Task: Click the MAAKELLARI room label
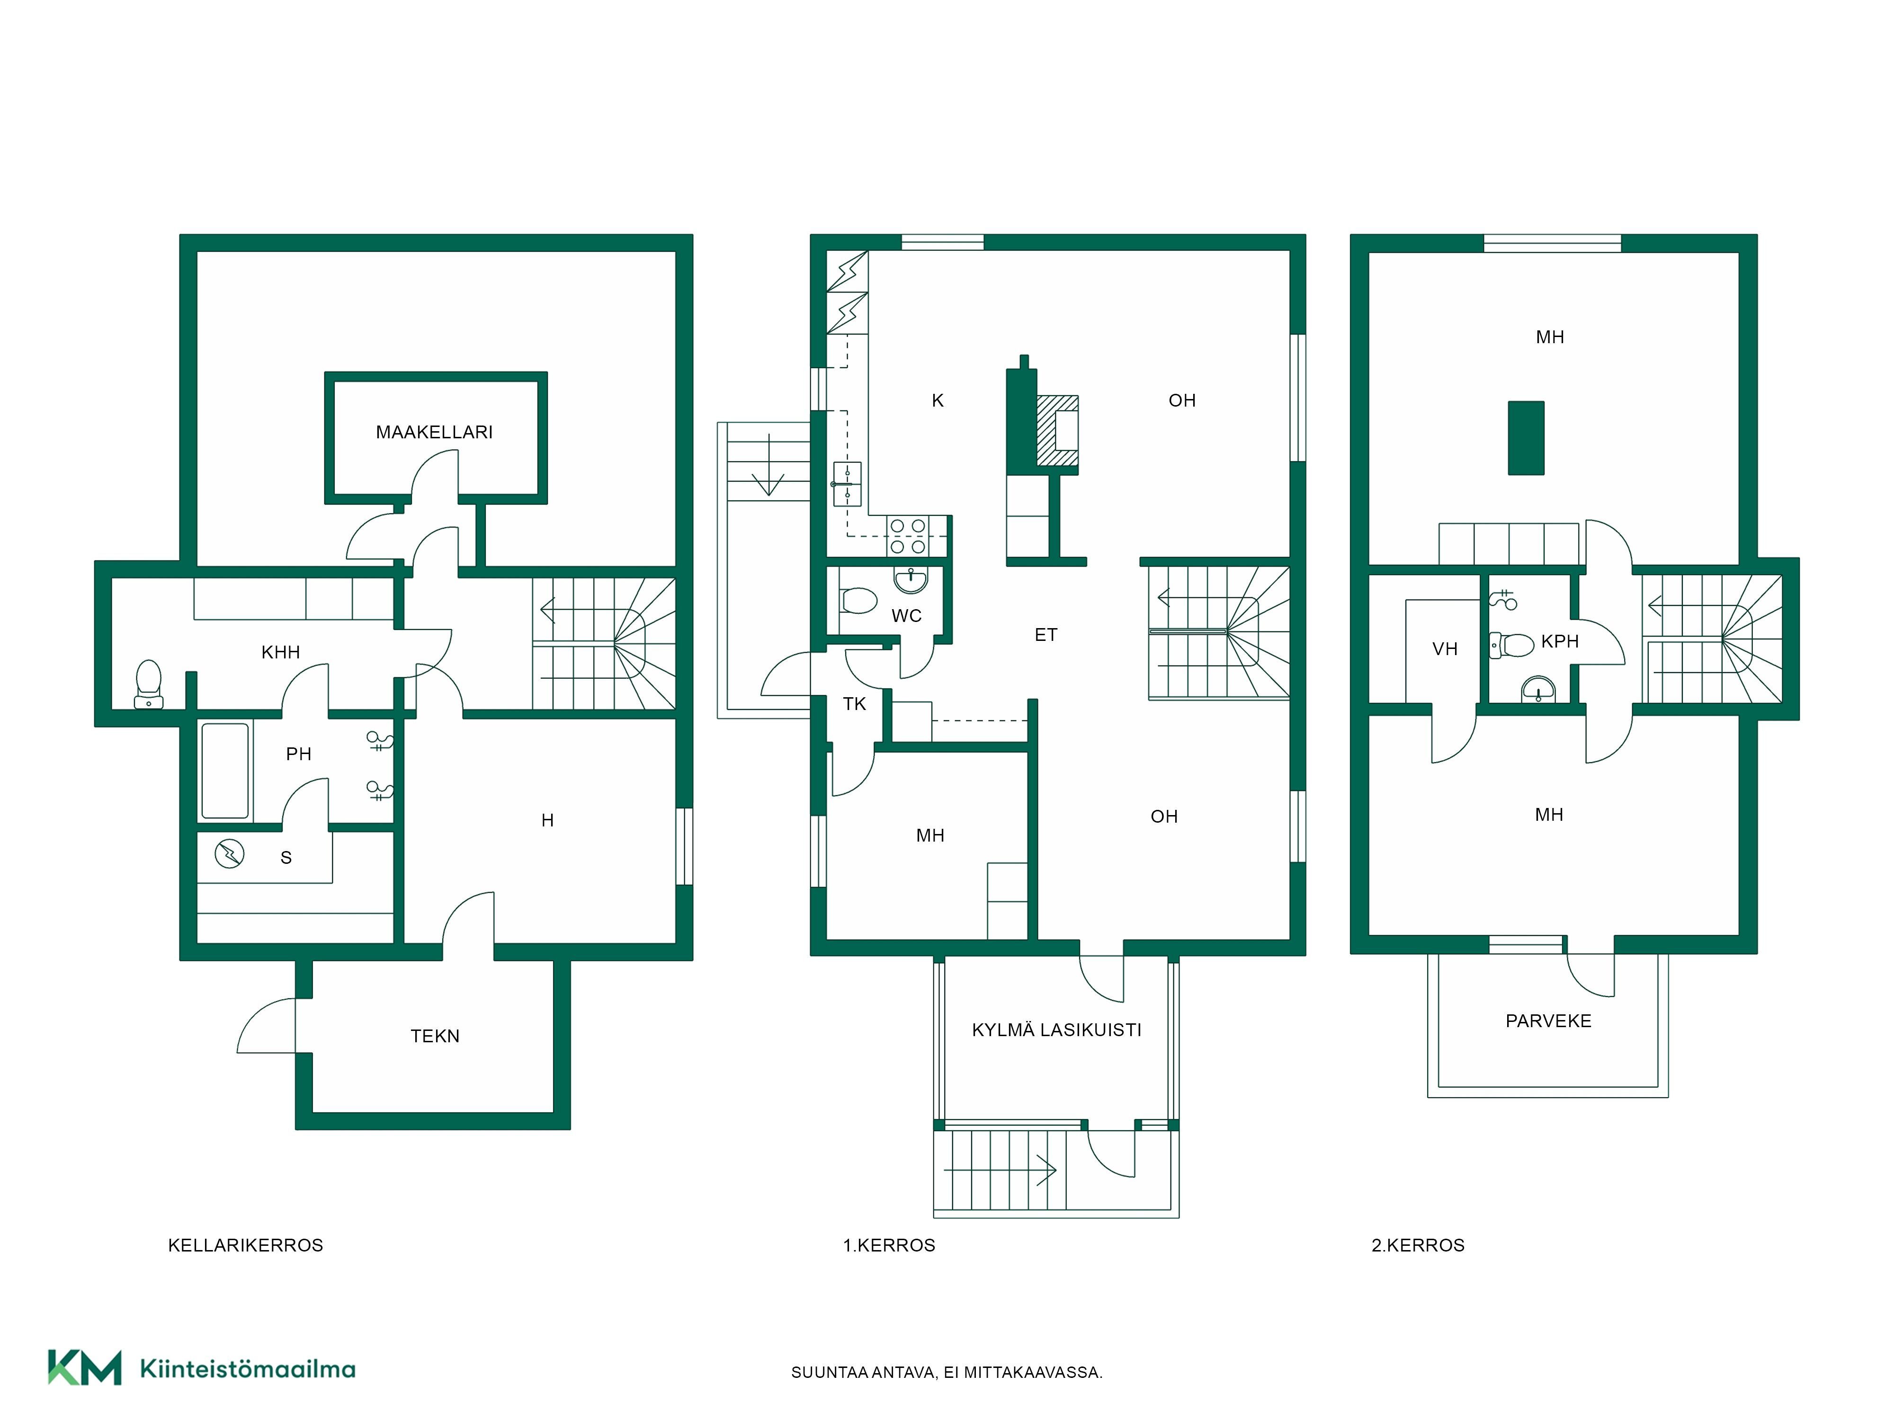tap(434, 432)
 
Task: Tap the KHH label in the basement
tap(281, 652)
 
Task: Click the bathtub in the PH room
tap(225, 770)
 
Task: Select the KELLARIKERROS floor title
tap(246, 1245)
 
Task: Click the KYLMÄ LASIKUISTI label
tap(1056, 1029)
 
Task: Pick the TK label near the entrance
tap(855, 703)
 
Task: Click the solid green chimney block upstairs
tap(1526, 437)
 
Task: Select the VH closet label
tap(1445, 649)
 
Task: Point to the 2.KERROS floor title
tap(1418, 1245)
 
